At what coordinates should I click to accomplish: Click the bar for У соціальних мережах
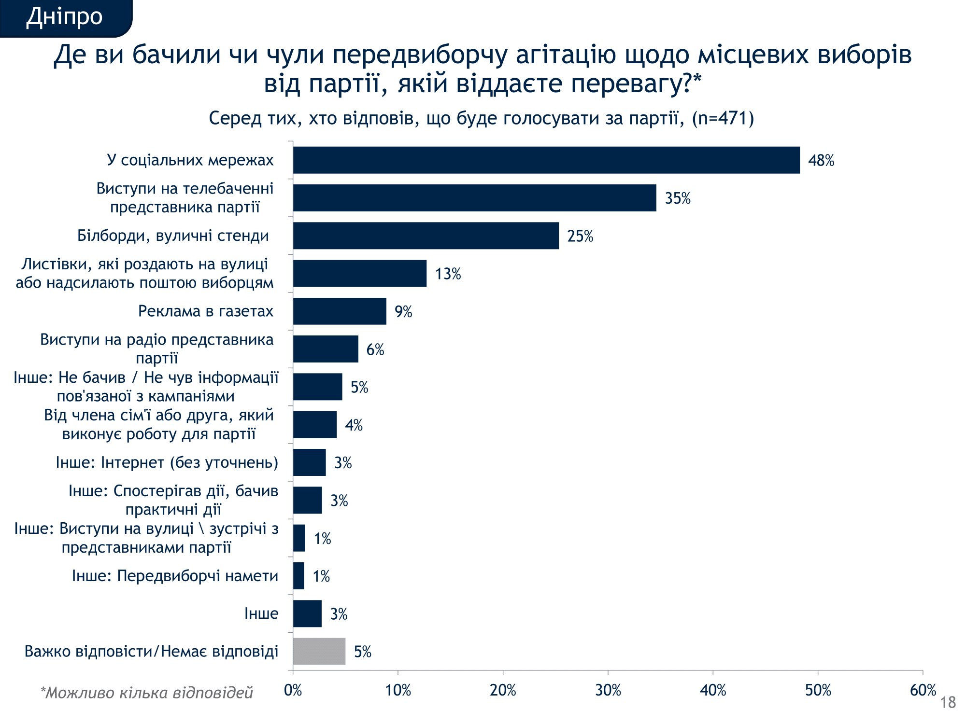[x=546, y=160]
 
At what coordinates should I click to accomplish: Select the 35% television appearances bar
[x=474, y=198]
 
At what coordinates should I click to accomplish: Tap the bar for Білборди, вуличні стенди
[x=426, y=236]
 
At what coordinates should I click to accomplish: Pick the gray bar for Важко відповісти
[x=319, y=651]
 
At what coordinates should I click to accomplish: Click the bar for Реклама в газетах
[x=340, y=311]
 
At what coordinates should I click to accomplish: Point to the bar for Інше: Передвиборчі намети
[x=298, y=576]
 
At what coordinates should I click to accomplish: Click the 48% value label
[x=821, y=161]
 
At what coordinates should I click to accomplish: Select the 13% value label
[x=448, y=274]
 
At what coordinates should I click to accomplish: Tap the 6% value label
[x=375, y=349]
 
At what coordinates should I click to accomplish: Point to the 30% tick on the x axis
[x=608, y=690]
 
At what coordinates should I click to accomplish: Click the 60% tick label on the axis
[x=923, y=690]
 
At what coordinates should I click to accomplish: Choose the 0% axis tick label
[x=293, y=690]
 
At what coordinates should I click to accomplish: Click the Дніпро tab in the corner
[x=64, y=17]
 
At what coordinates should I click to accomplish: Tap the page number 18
[x=948, y=702]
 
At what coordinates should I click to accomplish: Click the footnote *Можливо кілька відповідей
[x=146, y=693]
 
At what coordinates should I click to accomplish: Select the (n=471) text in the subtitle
[x=723, y=118]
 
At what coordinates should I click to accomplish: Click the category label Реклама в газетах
[x=206, y=311]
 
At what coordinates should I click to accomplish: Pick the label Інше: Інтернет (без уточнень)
[x=167, y=462]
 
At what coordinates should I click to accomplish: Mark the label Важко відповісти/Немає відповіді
[x=151, y=652]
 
